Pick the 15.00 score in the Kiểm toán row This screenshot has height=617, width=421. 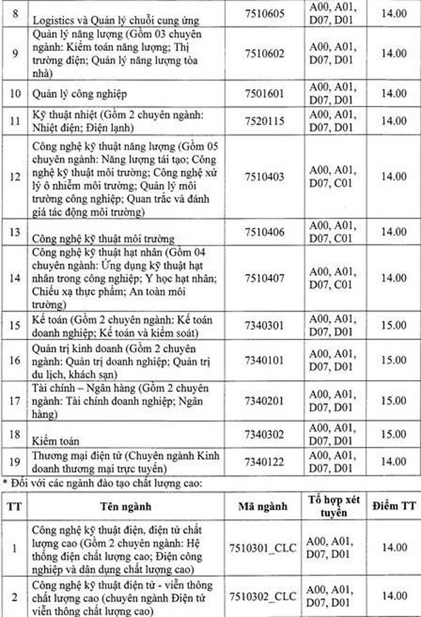pos(392,433)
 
